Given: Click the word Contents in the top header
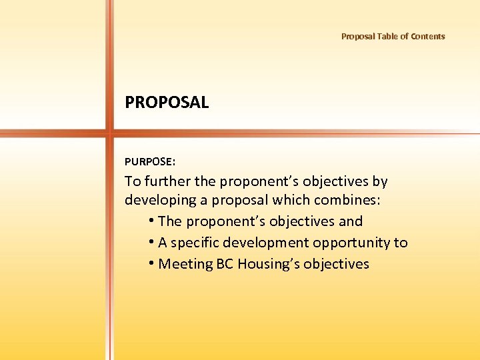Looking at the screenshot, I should click(428, 37).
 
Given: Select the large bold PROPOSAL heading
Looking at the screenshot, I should click(167, 103).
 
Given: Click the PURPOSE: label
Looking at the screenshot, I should click(150, 161).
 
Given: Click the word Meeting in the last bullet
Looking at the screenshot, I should click(185, 264).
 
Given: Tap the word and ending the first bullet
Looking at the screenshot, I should click(349, 221).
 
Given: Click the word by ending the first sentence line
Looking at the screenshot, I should click(380, 181).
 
